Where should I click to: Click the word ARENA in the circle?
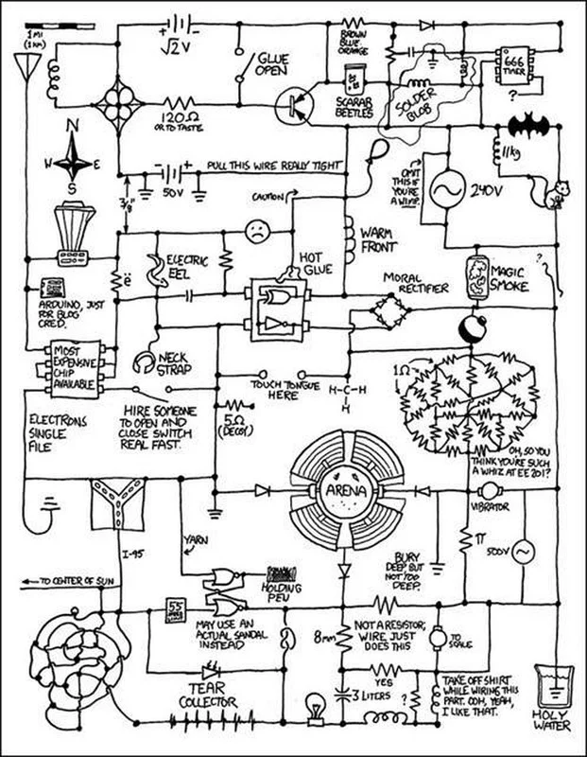344,490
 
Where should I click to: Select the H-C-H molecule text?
346,394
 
